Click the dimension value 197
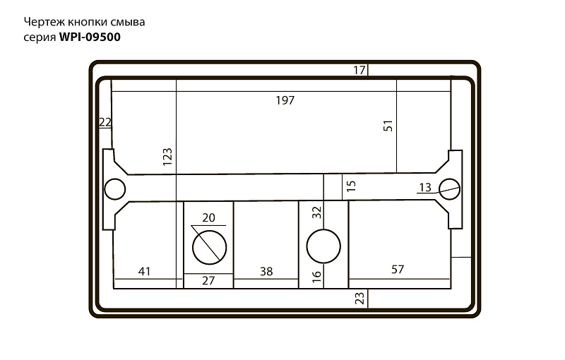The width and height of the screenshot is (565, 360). tap(285, 100)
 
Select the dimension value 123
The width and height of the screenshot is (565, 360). tap(167, 157)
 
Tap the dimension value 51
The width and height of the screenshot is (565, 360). tap(388, 126)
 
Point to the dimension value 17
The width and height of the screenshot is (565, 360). tap(359, 70)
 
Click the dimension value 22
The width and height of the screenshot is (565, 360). tap(105, 122)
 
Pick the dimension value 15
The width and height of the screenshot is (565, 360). tap(350, 186)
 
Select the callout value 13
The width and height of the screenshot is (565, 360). tap(425, 188)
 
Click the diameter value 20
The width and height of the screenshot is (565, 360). tap(208, 218)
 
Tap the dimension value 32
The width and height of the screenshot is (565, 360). tap(316, 212)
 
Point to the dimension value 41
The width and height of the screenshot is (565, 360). tap(144, 271)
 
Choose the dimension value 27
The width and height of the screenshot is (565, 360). tap(208, 280)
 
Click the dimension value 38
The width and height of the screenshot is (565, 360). tap(266, 272)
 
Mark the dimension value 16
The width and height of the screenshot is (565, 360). tap(316, 276)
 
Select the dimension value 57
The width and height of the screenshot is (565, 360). tap(398, 269)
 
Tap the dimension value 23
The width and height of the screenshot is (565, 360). tap(359, 298)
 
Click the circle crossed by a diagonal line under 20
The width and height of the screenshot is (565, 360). tap(209, 247)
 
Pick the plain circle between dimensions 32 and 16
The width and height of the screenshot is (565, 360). tap(323, 246)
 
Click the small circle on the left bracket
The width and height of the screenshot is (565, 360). tap(114, 189)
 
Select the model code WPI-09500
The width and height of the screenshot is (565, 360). tap(90, 37)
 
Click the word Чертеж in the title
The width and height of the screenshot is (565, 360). tap(44, 23)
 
